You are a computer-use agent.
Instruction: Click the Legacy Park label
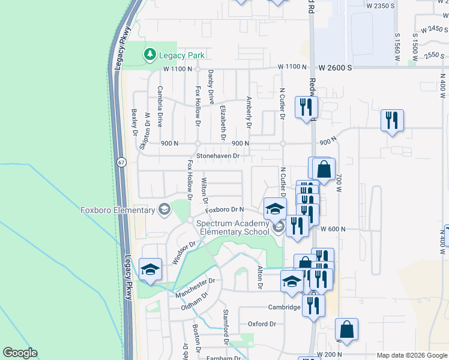[182, 55]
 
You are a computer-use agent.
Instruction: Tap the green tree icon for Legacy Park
[149, 55]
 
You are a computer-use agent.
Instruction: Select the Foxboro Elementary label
[118, 210]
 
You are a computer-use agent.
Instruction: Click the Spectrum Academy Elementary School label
[234, 227]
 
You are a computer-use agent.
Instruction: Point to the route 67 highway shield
[122, 163]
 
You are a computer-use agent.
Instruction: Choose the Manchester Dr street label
[194, 288]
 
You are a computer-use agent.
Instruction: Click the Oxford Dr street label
[262, 324]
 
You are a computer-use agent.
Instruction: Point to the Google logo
[20, 353]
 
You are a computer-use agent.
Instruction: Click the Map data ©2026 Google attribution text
[411, 355]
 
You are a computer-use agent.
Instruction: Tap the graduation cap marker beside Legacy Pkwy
[150, 269]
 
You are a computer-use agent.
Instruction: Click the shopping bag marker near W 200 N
[346, 329]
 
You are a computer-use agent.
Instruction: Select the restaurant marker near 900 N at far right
[391, 120]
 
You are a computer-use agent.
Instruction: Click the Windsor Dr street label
[185, 253]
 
